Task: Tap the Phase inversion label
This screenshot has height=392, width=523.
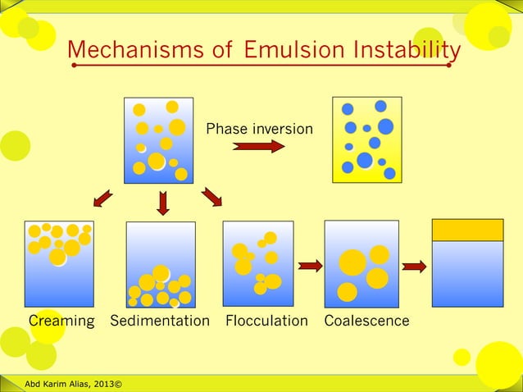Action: pyautogui.click(x=259, y=129)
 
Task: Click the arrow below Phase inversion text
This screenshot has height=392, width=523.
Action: pyautogui.click(x=259, y=147)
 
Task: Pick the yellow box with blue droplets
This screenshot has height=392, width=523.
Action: pyautogui.click(x=368, y=140)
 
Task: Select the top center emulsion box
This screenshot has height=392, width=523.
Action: pyautogui.click(x=158, y=140)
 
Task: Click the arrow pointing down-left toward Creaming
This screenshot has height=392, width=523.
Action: pyautogui.click(x=102, y=198)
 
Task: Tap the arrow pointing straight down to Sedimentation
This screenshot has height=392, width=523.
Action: pyautogui.click(x=162, y=202)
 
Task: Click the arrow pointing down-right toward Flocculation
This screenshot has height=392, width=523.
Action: pyautogui.click(x=211, y=197)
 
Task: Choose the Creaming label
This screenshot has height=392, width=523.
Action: pyautogui.click(x=61, y=321)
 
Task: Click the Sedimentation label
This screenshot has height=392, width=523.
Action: pyautogui.click(x=160, y=321)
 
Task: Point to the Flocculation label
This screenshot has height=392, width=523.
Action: pyautogui.click(x=266, y=321)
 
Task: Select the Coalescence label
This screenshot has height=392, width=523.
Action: pyautogui.click(x=366, y=321)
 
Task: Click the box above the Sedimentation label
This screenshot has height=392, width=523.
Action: pyautogui.click(x=161, y=264)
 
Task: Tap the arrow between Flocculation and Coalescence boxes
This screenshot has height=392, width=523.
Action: pyautogui.click(x=310, y=265)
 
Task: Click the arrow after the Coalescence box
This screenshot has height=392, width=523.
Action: pyautogui.click(x=415, y=266)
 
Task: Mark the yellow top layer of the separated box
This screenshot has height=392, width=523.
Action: pyautogui.click(x=467, y=230)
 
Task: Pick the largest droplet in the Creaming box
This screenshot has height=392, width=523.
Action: pyautogui.click(x=58, y=257)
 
